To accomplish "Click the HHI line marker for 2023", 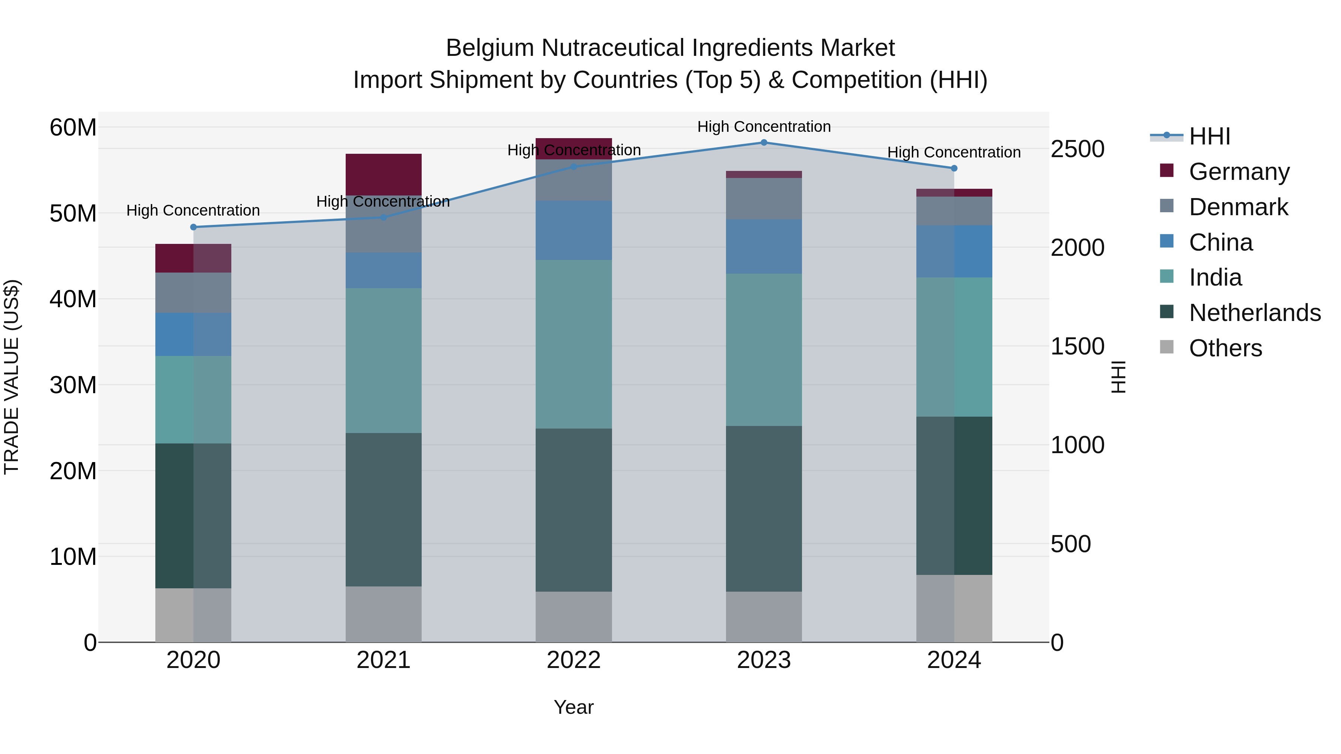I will pyautogui.click(x=764, y=143).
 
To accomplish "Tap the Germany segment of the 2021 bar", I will pyautogui.click(x=384, y=174).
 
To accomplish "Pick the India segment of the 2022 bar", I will pyautogui.click(x=574, y=344).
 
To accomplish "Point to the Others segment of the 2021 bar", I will pyautogui.click(x=384, y=614).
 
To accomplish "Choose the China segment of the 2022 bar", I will pyautogui.click(x=574, y=230).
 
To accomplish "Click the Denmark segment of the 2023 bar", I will pyautogui.click(x=764, y=199).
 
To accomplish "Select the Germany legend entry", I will pyautogui.click(x=1239, y=172).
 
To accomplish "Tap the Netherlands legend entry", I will pyautogui.click(x=1255, y=313).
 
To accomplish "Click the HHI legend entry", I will pyautogui.click(x=1209, y=136).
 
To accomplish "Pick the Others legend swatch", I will pyautogui.click(x=1167, y=347).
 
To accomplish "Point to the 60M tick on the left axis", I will pyautogui.click(x=73, y=127).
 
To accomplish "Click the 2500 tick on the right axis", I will pyautogui.click(x=1077, y=149).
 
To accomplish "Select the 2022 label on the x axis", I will pyautogui.click(x=574, y=660).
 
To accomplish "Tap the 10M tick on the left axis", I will pyautogui.click(x=73, y=557).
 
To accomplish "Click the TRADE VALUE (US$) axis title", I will pyautogui.click(x=12, y=377).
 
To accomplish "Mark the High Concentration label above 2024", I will pyautogui.click(x=954, y=152).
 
